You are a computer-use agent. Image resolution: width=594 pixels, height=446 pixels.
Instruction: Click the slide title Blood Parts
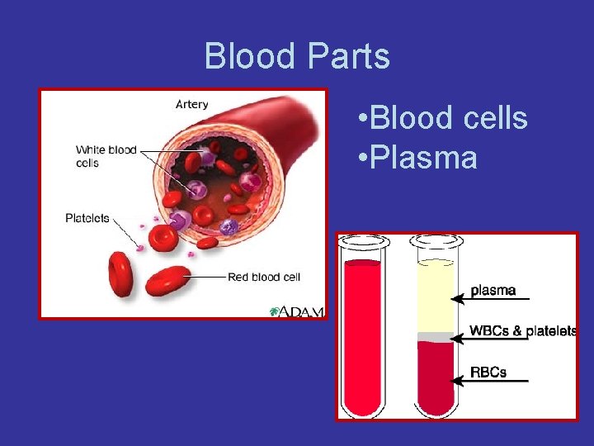click(x=297, y=56)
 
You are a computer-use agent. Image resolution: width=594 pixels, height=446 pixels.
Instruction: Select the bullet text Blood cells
click(x=444, y=118)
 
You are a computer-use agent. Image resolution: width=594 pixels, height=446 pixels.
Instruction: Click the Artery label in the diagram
click(x=192, y=105)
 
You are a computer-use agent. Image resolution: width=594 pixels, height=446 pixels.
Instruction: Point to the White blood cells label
click(x=106, y=156)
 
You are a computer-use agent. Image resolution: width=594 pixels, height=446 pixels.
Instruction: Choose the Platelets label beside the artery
click(x=87, y=218)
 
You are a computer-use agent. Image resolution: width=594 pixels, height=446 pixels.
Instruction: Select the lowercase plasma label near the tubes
click(x=493, y=290)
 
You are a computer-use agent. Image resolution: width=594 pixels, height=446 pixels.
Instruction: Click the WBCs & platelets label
click(x=522, y=330)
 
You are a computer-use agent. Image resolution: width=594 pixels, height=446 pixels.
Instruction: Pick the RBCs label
click(x=488, y=372)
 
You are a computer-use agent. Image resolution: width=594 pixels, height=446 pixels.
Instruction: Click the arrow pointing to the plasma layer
click(x=492, y=299)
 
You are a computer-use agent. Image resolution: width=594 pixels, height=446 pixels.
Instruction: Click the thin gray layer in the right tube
click(x=435, y=337)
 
